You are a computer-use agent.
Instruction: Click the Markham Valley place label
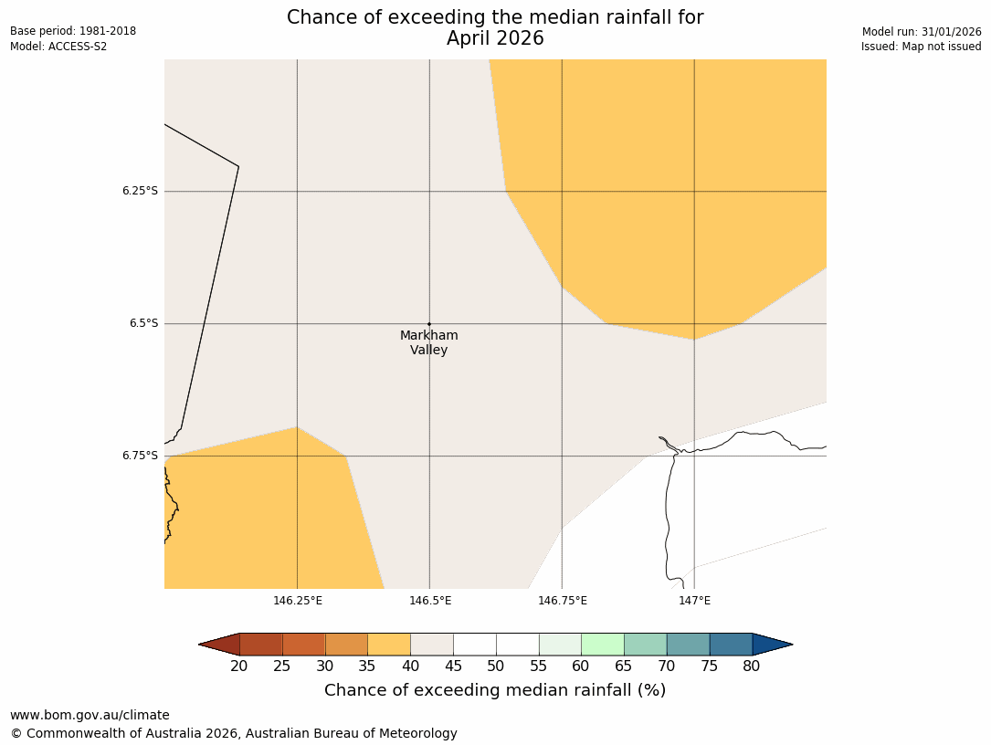coord(428,342)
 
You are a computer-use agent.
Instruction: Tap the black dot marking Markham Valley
coord(429,324)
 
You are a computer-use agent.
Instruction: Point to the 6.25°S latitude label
coord(140,191)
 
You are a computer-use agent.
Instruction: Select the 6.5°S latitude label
coord(142,323)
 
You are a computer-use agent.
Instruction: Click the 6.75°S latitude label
coord(140,456)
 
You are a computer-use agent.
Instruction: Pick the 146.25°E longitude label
coord(298,601)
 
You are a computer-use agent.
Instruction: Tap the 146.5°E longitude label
coord(430,601)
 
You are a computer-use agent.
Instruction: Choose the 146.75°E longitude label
coord(563,601)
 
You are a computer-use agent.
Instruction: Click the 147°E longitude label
coord(694,601)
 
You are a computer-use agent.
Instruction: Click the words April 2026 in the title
coord(495,38)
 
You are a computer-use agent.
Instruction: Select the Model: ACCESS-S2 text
coord(58,47)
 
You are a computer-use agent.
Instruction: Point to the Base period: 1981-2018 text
coord(73,31)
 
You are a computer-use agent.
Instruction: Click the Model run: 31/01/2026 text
coord(922,31)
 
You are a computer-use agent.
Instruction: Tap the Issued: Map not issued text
coord(921,47)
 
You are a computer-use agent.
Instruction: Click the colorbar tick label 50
coord(496,666)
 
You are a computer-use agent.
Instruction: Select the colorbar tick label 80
coord(752,666)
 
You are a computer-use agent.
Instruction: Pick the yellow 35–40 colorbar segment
coord(389,645)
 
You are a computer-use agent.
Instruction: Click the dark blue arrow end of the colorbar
coord(772,645)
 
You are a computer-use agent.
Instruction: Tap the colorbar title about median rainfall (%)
coord(495,690)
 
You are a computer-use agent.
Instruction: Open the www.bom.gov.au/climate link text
coord(90,715)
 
